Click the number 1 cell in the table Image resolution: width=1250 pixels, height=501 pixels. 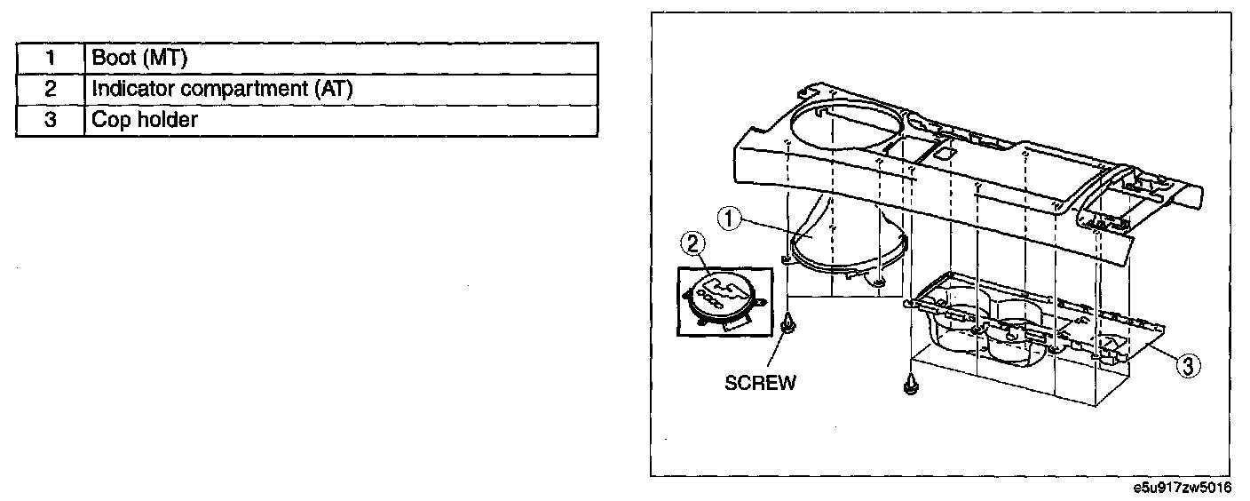[51, 59]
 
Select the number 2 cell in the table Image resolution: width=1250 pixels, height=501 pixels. [51, 89]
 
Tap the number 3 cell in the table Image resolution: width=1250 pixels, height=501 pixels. [51, 120]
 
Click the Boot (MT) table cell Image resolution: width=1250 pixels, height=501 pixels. [341, 59]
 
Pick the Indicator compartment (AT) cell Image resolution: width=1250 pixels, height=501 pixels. [341, 89]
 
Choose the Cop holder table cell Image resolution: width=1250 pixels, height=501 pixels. [341, 120]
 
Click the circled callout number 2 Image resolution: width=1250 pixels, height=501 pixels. [692, 242]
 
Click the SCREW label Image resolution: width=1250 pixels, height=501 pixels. [760, 383]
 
